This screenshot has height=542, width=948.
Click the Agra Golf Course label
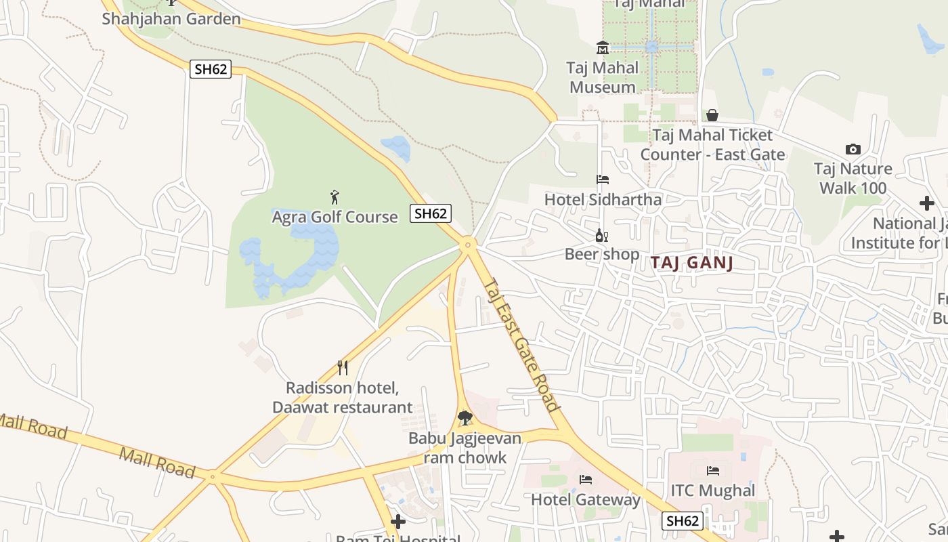tap(335, 217)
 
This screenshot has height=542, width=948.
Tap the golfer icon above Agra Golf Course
tap(335, 197)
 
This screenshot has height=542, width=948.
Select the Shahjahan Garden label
tap(171, 18)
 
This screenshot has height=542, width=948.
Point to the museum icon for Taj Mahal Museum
tap(602, 47)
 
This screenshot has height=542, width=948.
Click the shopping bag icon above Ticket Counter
tap(712, 115)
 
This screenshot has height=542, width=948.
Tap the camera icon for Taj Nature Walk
tap(853, 149)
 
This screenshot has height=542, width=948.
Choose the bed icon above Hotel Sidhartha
tap(602, 180)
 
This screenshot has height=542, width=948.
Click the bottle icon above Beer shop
tap(601, 236)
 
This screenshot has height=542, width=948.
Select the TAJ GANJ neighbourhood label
tap(692, 263)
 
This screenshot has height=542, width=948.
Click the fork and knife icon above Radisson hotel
tap(343, 368)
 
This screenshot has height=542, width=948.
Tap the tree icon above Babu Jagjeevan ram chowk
tap(465, 418)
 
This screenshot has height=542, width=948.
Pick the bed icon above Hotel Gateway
tap(586, 480)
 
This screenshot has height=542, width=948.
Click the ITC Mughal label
tap(712, 491)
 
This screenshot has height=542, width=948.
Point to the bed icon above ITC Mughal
tap(712, 470)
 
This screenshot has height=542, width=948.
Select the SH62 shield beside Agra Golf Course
tap(431, 213)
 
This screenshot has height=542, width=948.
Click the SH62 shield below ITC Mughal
tap(682, 521)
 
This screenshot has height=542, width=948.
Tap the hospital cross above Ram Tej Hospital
tap(398, 522)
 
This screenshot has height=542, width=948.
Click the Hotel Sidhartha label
tap(603, 200)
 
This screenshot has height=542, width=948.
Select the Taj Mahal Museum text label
tap(603, 77)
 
